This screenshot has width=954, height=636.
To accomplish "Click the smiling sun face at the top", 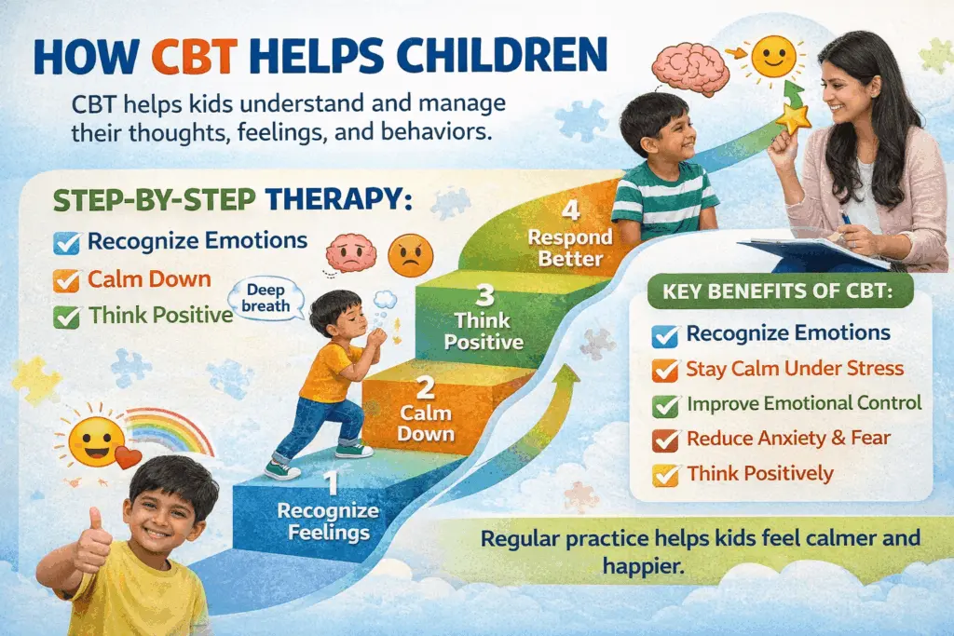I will [772, 56].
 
